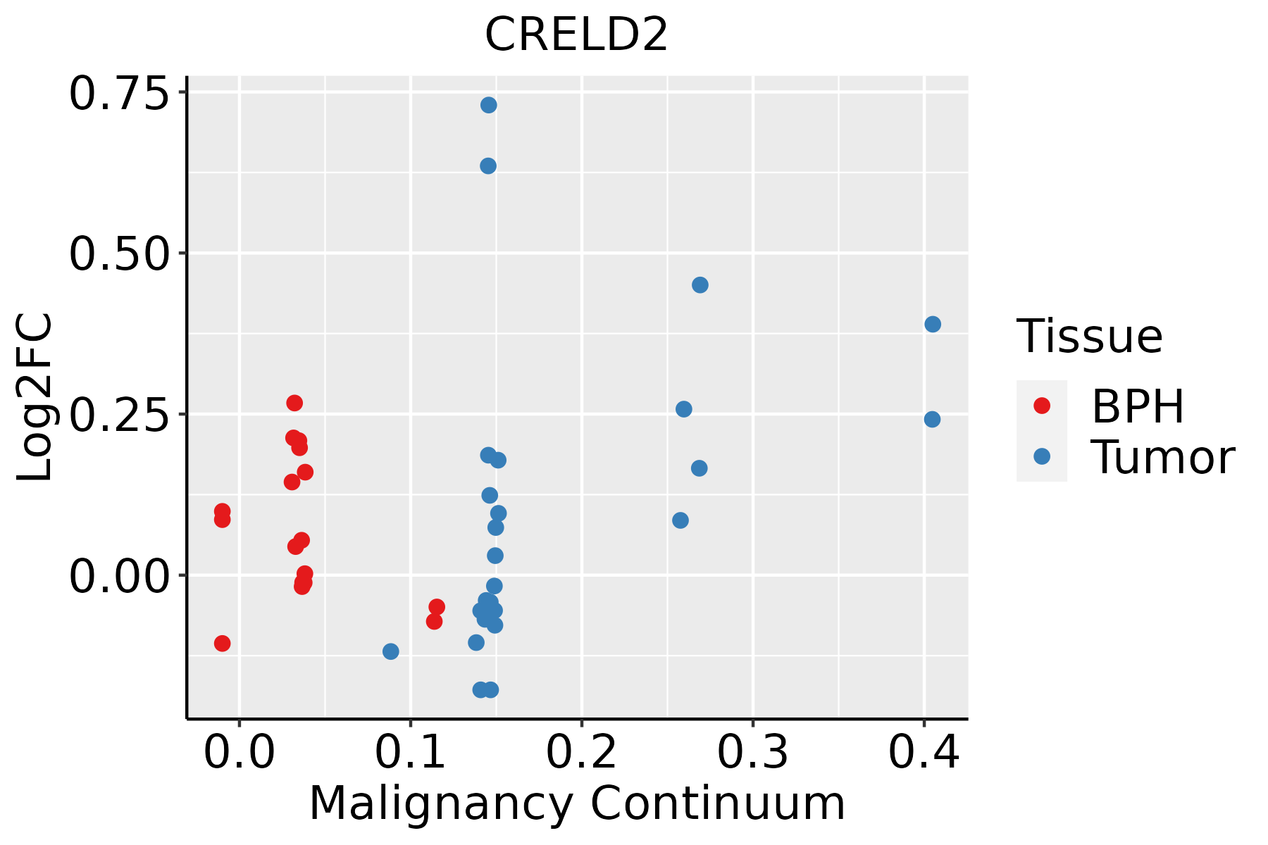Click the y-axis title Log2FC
[x=35, y=397]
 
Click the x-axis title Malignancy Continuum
[x=576, y=803]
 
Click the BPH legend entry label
[x=1138, y=406]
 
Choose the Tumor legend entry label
[x=1162, y=458]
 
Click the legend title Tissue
[x=1090, y=337]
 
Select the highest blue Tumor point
[x=488, y=105]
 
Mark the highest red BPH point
[x=294, y=403]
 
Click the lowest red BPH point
[x=222, y=643]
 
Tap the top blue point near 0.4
[x=933, y=324]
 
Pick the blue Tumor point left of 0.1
[x=390, y=651]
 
